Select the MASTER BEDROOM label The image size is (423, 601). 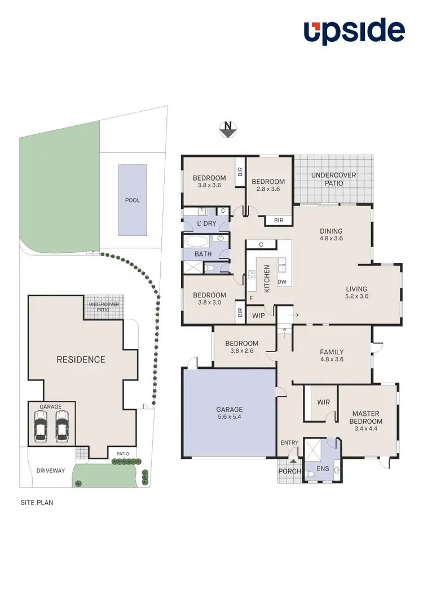coord(367,417)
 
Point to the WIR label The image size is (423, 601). coord(323,402)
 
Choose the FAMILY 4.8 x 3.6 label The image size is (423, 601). coord(332,356)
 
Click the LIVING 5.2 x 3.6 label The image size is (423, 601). coord(356,292)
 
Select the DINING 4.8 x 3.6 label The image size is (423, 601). coord(331,234)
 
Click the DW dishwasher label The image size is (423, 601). coord(282,282)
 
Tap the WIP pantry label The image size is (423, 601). coord(259,315)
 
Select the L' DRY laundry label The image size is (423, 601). coord(206,224)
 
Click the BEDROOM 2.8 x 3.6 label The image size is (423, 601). coord(268,186)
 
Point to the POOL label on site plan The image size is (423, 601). coord(133,200)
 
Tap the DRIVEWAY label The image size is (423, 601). coord(51,470)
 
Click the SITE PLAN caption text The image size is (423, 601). coord(37,502)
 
